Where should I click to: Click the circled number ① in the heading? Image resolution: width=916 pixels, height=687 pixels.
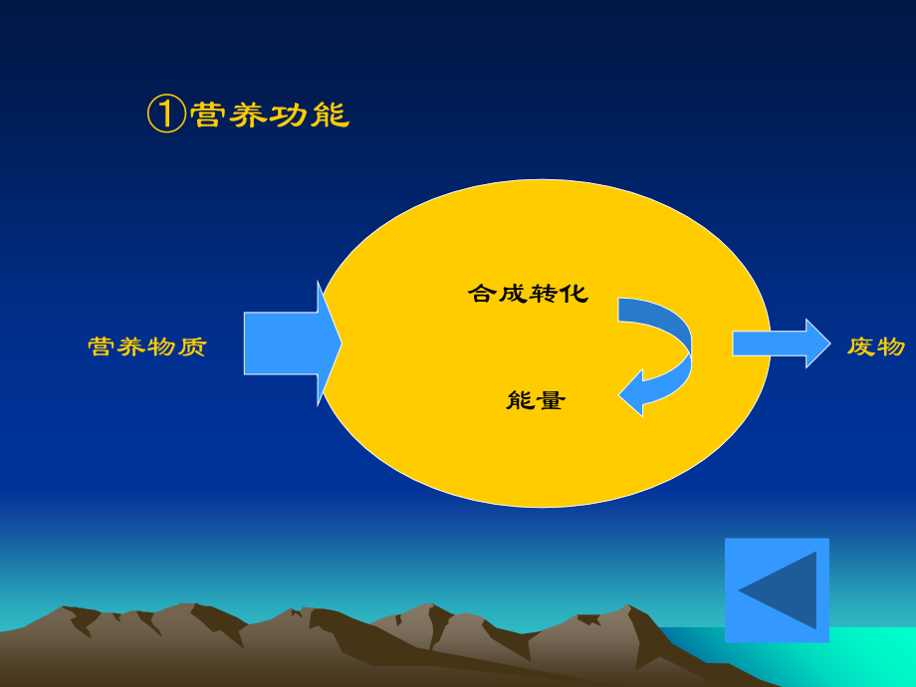tap(166, 114)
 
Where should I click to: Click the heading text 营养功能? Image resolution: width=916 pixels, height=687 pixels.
tap(269, 114)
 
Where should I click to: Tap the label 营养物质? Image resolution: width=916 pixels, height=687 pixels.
tap(147, 346)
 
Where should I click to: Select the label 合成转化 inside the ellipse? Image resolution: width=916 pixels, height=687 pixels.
tap(528, 293)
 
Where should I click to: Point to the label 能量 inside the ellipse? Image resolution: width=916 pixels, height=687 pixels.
tap(536, 400)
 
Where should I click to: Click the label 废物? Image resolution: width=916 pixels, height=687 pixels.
tap(876, 345)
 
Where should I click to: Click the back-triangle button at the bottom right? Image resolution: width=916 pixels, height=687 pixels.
tap(777, 589)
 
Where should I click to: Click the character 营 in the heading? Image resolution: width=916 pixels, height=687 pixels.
tap(207, 114)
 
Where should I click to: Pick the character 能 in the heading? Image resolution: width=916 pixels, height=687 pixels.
tap(331, 114)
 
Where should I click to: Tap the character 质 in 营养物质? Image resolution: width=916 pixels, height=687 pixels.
tap(193, 346)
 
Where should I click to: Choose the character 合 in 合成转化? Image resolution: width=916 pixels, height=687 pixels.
tap(482, 293)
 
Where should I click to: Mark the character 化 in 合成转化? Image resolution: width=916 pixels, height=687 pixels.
tap(574, 293)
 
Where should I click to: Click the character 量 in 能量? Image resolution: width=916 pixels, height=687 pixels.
tap(551, 400)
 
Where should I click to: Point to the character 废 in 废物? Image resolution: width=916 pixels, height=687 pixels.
tap(861, 345)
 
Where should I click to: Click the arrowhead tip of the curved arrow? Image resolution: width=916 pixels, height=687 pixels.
tap(622, 395)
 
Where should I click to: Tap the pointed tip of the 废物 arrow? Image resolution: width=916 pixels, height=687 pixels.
tap(827, 343)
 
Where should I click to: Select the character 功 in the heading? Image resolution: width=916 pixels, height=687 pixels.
tap(290, 114)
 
